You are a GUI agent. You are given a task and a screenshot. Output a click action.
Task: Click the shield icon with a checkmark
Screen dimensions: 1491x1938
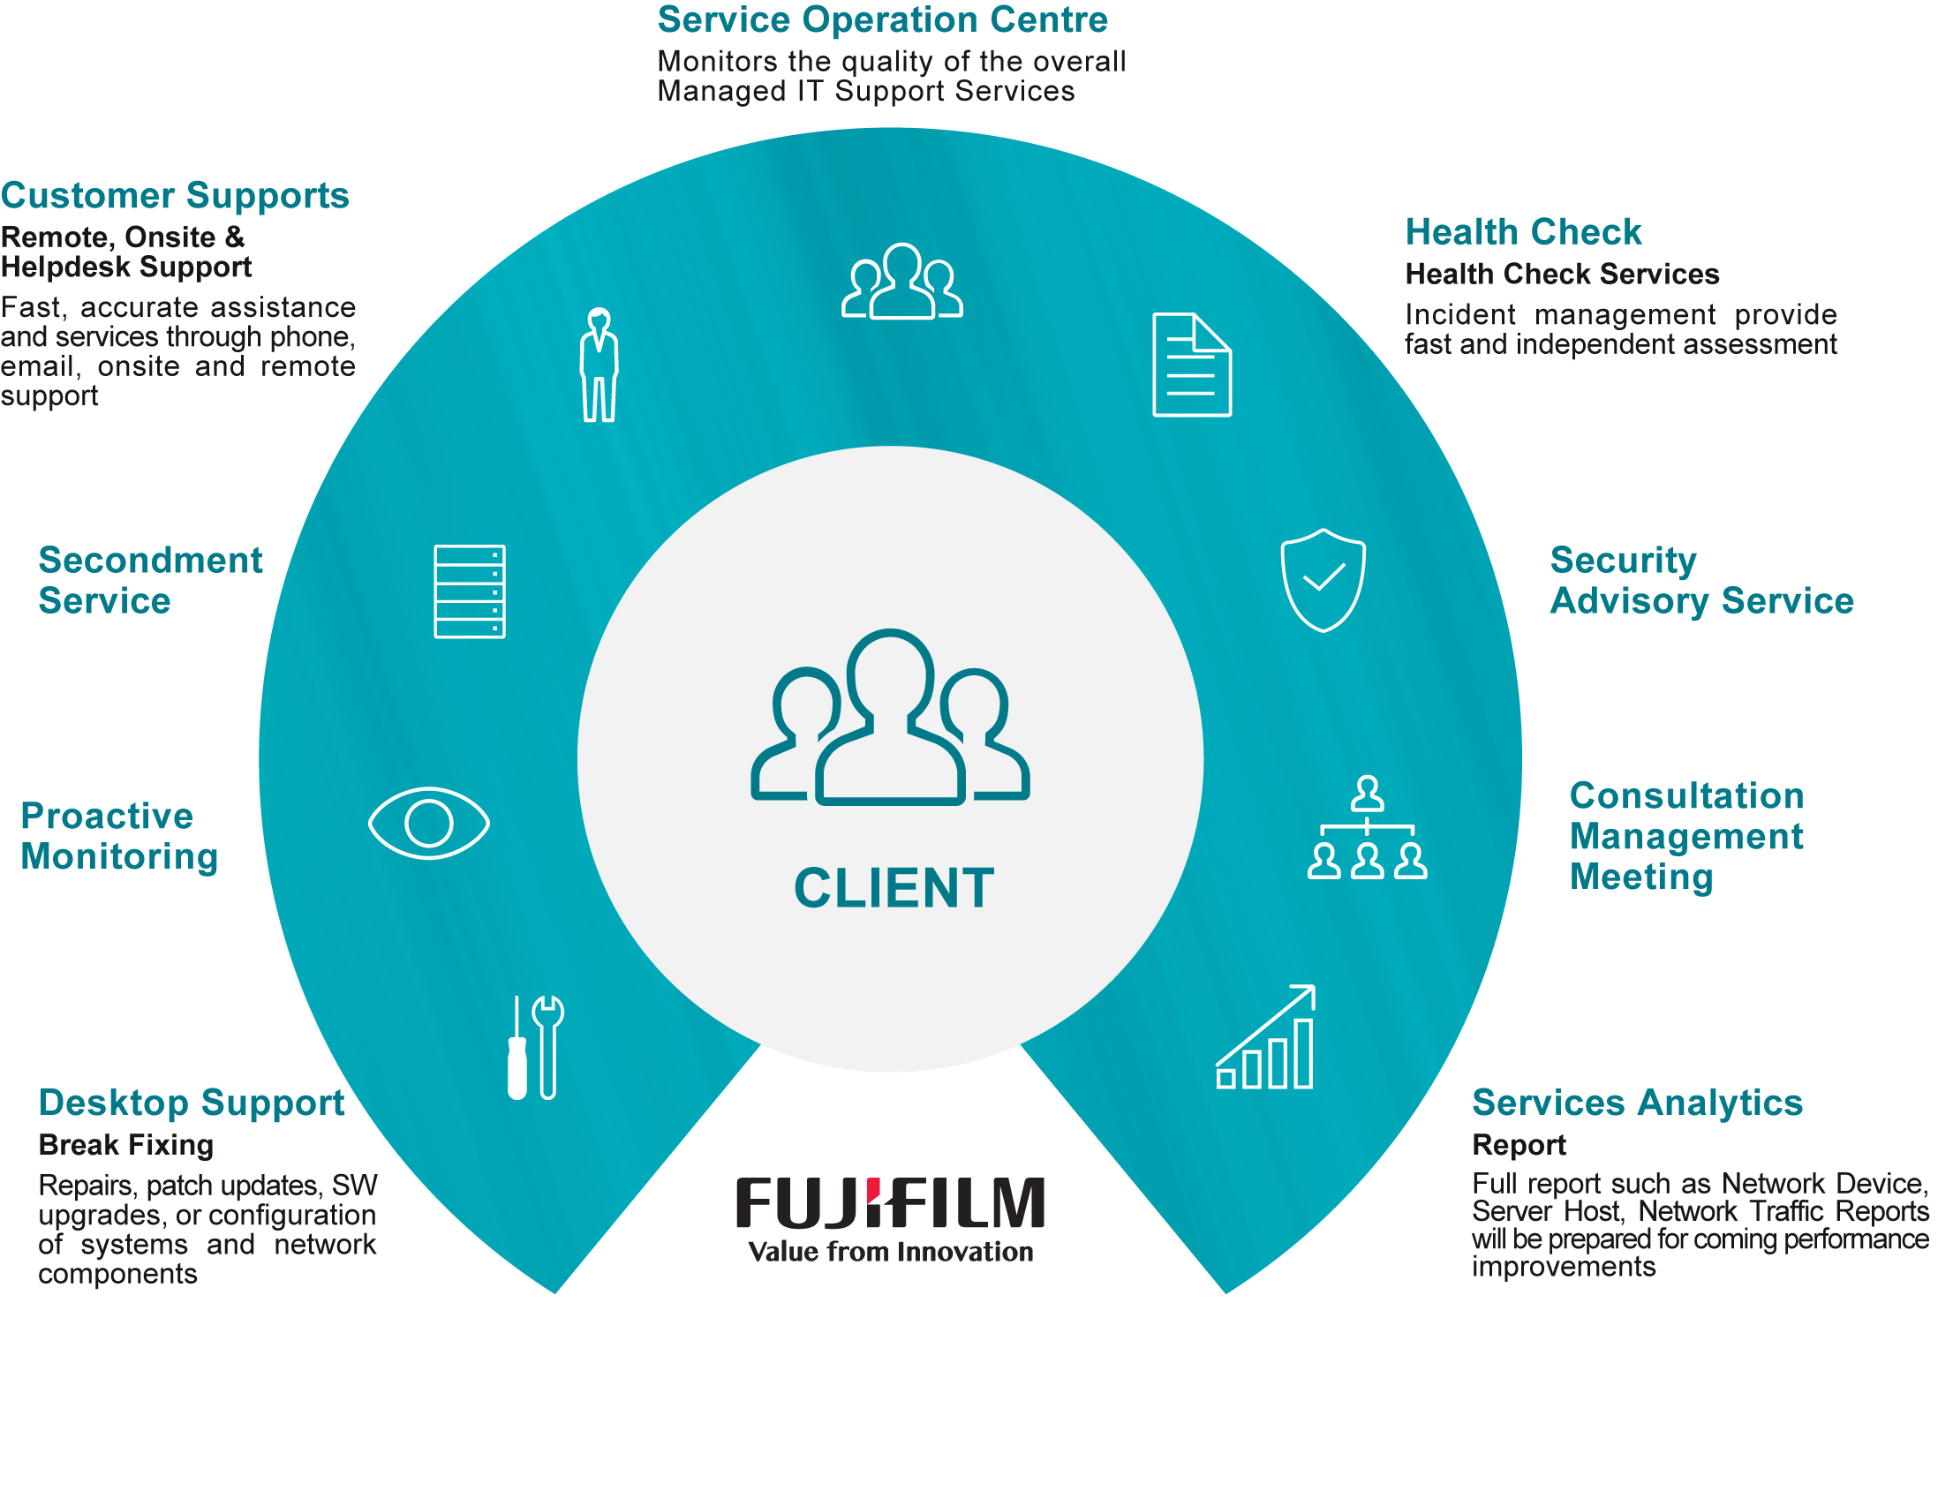point(1323,581)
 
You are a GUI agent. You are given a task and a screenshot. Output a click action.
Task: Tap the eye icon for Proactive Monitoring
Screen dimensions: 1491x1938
point(428,823)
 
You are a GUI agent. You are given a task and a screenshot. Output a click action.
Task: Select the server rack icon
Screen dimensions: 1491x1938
point(470,591)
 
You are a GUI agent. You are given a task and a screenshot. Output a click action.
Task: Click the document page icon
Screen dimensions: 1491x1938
point(1191,365)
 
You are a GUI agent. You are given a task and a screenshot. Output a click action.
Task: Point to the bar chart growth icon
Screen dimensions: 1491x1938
point(1265,1038)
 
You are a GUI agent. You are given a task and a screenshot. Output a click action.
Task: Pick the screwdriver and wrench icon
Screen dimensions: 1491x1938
point(535,1047)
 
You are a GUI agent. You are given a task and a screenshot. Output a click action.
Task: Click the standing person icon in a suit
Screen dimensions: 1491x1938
point(599,365)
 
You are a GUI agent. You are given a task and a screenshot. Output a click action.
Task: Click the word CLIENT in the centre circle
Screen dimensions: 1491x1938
point(894,888)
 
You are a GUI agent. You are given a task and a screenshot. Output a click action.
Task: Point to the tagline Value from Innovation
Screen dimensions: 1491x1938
point(890,1252)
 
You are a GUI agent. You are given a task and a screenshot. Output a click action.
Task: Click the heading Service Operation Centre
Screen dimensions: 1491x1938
point(882,20)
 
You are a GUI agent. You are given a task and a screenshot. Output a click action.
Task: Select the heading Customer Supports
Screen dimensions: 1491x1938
point(175,196)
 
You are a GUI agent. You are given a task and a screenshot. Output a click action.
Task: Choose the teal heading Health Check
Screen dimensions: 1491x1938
point(1523,232)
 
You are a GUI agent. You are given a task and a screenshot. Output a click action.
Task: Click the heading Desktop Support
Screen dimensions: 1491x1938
point(191,1103)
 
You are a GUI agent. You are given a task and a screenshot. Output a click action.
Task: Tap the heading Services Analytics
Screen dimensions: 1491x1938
point(1637,1103)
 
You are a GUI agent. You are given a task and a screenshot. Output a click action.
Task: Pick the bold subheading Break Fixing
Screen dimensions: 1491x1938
point(126,1145)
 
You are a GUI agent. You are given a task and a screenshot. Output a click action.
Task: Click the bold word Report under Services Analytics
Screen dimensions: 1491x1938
point(1519,1145)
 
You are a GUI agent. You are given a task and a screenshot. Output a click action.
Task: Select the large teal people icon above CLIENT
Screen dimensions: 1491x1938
point(890,719)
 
